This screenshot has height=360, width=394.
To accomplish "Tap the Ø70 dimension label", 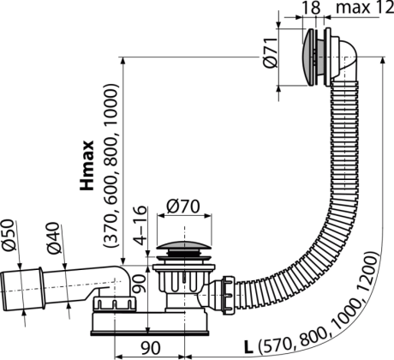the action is click(183, 207).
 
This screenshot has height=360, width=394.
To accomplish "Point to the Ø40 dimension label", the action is click(54, 238).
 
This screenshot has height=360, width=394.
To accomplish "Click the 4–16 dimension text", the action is click(140, 225).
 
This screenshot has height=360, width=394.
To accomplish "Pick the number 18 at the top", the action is click(311, 8).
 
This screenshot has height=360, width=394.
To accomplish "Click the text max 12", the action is click(365, 8).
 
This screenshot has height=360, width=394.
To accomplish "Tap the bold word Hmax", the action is click(87, 165).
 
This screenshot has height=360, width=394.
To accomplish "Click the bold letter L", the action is click(248, 347).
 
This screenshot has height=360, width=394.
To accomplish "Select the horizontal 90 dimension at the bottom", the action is click(151, 347).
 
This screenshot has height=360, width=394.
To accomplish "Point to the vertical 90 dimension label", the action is click(140, 284).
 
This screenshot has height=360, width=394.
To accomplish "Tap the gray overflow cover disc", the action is click(308, 57).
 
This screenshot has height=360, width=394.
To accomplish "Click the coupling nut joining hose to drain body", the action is click(229, 295).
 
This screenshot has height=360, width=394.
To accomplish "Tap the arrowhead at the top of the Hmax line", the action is click(122, 61).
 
